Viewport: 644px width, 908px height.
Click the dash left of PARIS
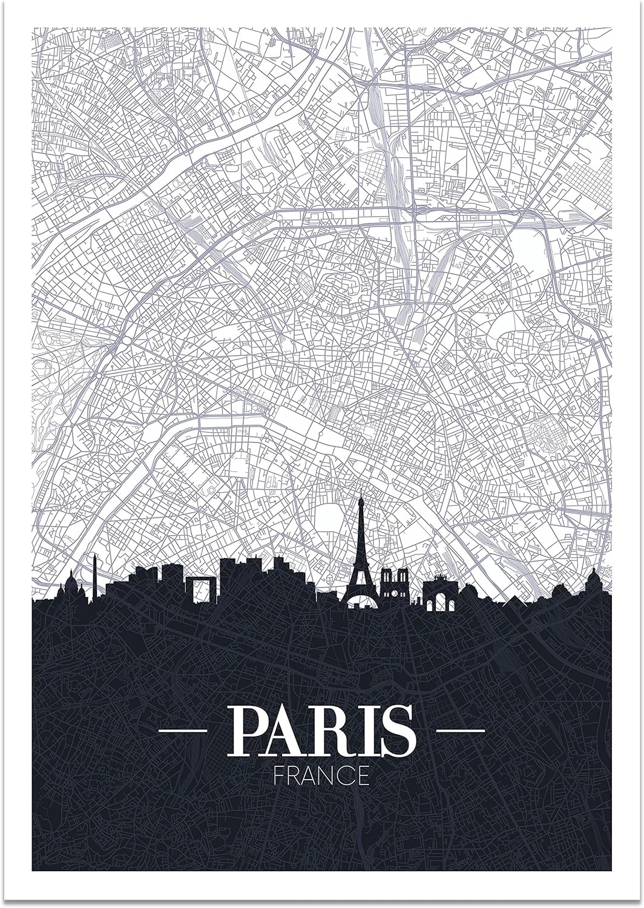pos(182,732)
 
